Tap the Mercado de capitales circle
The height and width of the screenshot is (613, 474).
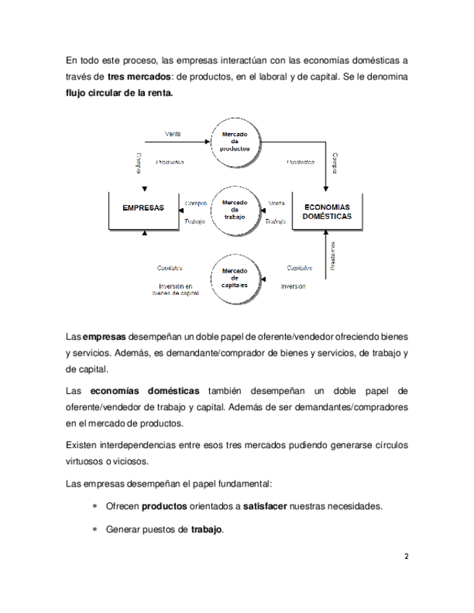pos(234,278)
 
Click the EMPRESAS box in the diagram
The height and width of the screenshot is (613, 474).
pos(143,208)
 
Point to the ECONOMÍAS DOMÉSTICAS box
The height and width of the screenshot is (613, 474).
pos(327,211)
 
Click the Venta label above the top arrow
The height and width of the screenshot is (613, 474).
pos(173,134)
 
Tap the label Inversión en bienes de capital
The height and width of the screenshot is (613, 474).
pos(174,289)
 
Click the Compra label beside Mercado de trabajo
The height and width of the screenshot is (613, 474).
pos(196,203)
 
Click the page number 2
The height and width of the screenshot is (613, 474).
pos(406,557)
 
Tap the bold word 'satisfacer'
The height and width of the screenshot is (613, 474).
pos(263,506)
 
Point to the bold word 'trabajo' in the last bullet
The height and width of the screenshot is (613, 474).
pos(207,530)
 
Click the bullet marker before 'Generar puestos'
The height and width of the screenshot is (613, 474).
pos(94,530)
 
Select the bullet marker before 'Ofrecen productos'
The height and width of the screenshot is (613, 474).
pos(94,506)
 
